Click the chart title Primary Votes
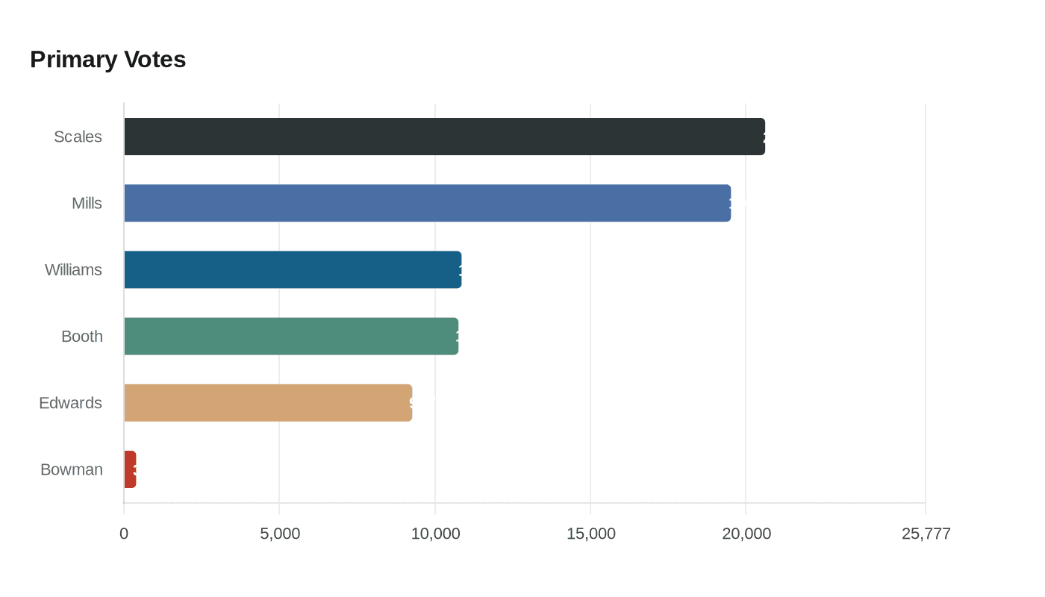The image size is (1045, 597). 107,59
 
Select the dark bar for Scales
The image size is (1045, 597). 444,137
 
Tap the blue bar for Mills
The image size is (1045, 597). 427,203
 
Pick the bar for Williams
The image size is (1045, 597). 293,269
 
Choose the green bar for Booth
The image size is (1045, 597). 291,336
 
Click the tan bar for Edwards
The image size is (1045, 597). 268,403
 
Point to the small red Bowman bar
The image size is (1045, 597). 130,469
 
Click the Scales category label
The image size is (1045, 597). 78,137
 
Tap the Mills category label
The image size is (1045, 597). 87,203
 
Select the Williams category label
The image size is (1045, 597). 73,269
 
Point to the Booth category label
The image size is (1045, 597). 82,337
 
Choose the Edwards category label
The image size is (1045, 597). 70,403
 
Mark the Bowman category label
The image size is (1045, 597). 72,469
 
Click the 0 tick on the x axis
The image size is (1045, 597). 124,534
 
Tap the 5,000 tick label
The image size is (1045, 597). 280,534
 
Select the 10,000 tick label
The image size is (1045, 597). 435,534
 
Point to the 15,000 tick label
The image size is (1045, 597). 590,534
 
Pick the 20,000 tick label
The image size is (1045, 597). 746,534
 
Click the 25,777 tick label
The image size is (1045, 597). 926,534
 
